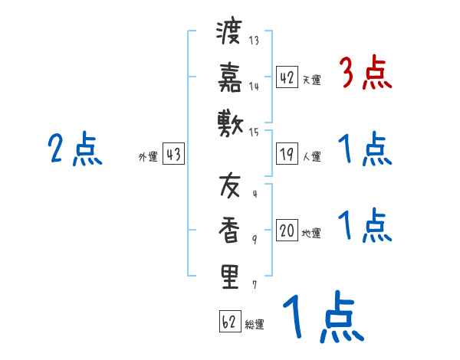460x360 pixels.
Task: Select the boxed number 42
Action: point(287,77)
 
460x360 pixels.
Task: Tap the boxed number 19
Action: point(287,154)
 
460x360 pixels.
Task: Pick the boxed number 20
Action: point(287,229)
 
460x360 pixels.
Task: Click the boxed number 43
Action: point(173,154)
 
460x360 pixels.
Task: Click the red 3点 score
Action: point(365,74)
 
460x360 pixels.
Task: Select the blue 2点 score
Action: point(74,149)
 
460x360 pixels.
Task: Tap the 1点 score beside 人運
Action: point(365,149)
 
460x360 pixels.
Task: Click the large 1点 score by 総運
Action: point(322,317)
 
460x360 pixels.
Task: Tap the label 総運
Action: point(255,325)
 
